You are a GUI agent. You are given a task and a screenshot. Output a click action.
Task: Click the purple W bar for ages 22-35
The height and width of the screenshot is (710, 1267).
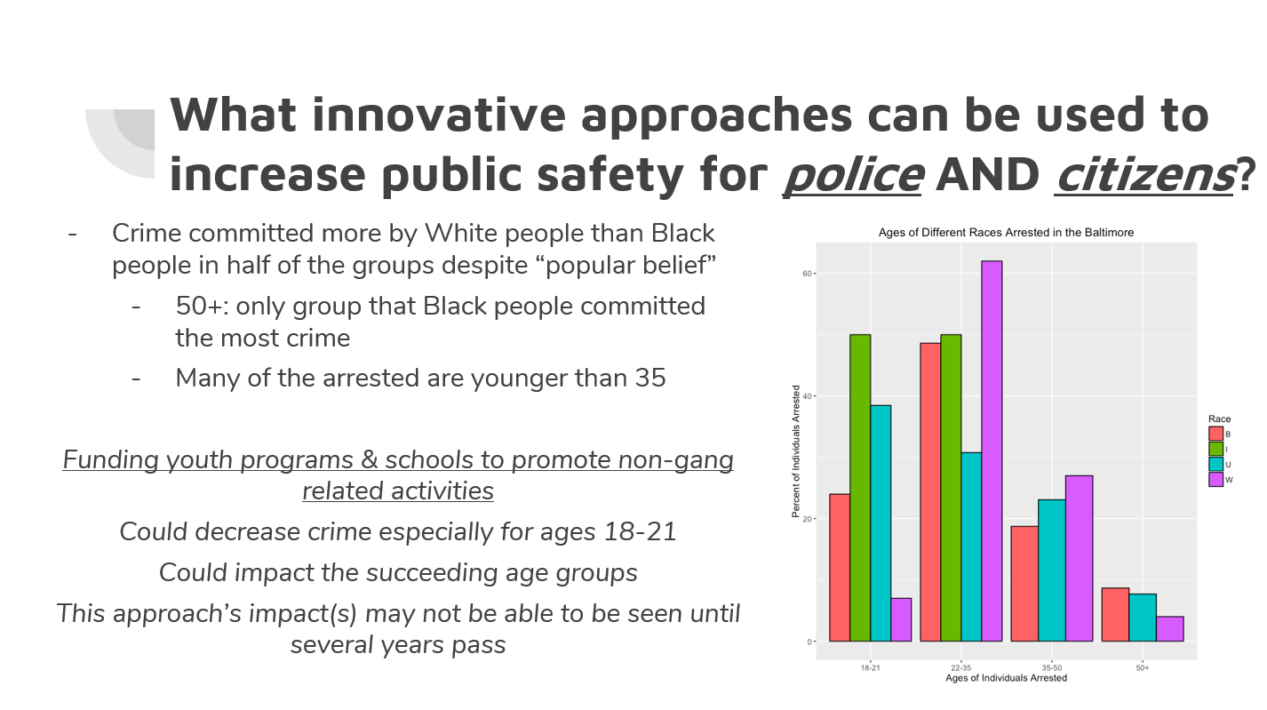pyautogui.click(x=992, y=451)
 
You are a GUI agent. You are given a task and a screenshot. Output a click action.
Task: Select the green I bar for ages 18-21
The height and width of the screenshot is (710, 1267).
pyautogui.click(x=860, y=488)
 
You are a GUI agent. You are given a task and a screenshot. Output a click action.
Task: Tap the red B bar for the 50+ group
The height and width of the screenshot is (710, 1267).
pyautogui.click(x=1115, y=614)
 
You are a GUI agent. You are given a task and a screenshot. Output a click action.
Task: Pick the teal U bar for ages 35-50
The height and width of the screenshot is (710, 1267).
pyautogui.click(x=1051, y=570)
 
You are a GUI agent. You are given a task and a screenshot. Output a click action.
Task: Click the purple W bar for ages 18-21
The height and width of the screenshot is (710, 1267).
pyautogui.click(x=901, y=619)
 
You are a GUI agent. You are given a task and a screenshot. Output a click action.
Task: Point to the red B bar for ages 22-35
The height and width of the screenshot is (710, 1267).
pyautogui.click(x=930, y=492)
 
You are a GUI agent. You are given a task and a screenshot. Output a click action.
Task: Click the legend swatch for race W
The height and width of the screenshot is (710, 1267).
pyautogui.click(x=1215, y=480)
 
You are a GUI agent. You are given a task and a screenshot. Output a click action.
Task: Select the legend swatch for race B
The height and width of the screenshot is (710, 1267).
pyautogui.click(x=1215, y=434)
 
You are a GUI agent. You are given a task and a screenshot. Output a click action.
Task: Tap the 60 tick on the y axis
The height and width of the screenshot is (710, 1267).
pyautogui.click(x=807, y=274)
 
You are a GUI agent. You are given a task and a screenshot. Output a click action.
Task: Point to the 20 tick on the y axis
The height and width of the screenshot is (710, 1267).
pyautogui.click(x=807, y=519)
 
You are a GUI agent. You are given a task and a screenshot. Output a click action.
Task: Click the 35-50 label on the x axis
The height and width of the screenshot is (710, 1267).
pyautogui.click(x=1051, y=668)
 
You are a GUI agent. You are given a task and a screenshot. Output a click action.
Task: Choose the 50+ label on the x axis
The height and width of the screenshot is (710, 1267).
pyautogui.click(x=1143, y=668)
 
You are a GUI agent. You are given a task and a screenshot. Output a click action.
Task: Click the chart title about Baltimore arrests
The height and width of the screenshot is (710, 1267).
pyautogui.click(x=1006, y=233)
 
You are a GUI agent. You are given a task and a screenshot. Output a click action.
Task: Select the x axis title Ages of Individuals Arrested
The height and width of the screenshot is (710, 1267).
pyautogui.click(x=1007, y=678)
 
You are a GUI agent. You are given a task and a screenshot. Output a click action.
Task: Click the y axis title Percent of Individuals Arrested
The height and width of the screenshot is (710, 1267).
pyautogui.click(x=796, y=451)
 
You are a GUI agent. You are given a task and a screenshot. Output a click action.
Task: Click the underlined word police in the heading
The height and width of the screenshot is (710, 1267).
pyautogui.click(x=853, y=175)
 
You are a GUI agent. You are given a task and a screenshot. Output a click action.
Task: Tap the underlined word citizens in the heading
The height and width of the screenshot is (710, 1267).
pyautogui.click(x=1143, y=175)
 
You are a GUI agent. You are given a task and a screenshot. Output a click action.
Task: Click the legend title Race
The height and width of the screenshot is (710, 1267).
pyautogui.click(x=1220, y=419)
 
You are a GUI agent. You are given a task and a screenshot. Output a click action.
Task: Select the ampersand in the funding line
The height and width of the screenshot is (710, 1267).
pyautogui.click(x=370, y=460)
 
